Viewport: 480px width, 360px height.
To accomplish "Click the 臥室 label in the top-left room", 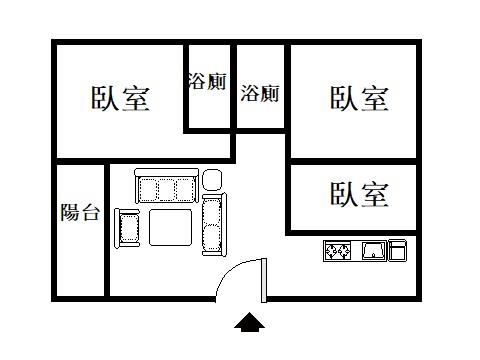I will tap(121, 99).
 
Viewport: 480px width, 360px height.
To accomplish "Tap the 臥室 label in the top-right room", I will tap(359, 98).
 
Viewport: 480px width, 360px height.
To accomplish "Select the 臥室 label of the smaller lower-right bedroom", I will tap(359, 193).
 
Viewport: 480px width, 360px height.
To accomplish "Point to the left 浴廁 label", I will tap(207, 82).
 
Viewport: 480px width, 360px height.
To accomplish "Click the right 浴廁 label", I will tap(260, 94).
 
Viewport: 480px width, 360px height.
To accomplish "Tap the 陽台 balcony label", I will tap(80, 212).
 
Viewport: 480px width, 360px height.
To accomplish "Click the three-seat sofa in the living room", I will tap(164, 188).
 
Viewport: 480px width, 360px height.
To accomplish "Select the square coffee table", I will tap(170, 227).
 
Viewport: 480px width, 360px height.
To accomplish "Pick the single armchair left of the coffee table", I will tap(128, 228).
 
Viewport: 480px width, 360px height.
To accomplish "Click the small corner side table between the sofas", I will tap(212, 180).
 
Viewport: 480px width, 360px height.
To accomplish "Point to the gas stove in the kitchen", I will tap(336, 250).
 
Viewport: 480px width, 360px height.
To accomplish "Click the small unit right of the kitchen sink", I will tap(398, 250).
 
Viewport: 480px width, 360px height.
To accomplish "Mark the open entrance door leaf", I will tap(264, 279).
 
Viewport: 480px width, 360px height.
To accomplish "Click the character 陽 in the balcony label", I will tap(70, 212).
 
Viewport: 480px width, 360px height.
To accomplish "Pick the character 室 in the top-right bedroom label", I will tap(374, 98).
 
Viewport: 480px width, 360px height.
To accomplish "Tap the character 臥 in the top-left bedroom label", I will tap(106, 99).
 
